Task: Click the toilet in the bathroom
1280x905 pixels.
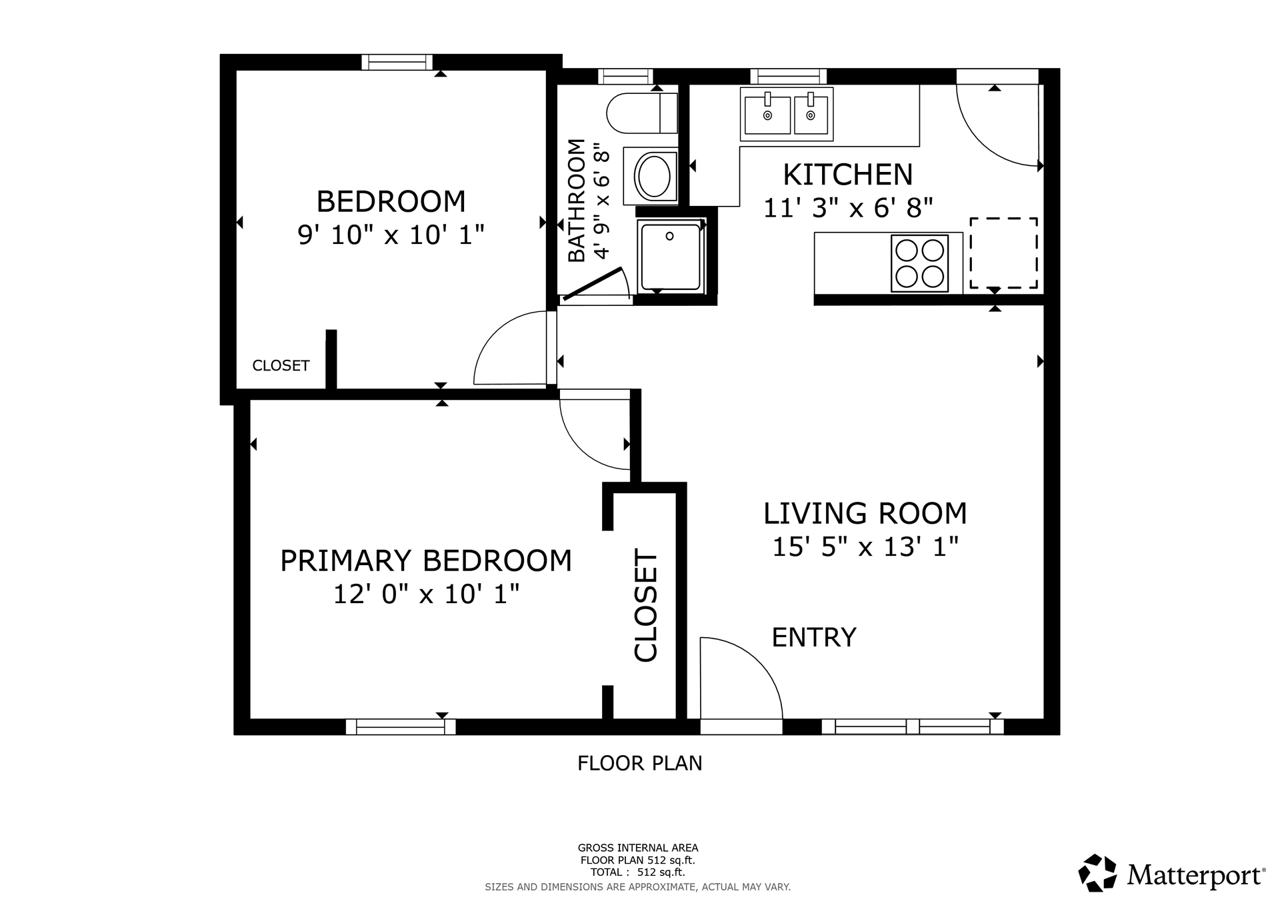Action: pos(642,113)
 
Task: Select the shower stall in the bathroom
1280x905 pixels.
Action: pos(671,257)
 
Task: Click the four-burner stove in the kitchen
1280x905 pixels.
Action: pos(919,263)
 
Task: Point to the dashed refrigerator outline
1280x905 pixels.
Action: pos(1003,253)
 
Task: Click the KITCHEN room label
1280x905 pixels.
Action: pos(847,175)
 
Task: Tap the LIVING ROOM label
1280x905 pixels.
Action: pos(865,513)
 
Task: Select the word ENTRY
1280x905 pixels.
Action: pos(814,638)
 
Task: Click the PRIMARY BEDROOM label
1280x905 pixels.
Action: pos(426,560)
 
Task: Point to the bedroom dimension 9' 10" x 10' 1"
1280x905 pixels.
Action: pos(391,235)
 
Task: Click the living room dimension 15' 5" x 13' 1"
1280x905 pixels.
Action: pos(865,547)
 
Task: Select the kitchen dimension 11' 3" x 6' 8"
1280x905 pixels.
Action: pos(847,208)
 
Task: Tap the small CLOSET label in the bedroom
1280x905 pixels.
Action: pos(281,366)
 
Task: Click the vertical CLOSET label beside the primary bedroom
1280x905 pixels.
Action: pos(646,605)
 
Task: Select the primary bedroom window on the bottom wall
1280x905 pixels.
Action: pos(401,726)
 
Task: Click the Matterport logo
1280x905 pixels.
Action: pos(1171,873)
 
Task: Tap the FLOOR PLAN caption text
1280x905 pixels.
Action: pos(640,763)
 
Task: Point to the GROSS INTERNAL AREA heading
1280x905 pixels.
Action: pos(638,848)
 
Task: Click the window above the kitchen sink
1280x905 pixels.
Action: pos(788,76)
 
